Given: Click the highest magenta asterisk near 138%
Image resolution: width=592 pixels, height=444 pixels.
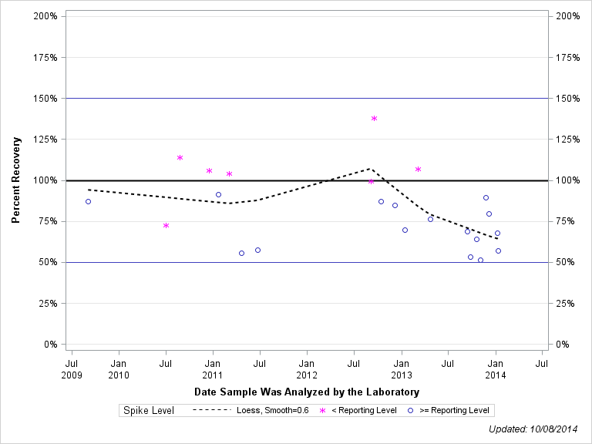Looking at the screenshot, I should (x=374, y=119).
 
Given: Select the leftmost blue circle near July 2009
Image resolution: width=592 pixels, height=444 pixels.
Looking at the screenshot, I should (x=88, y=201).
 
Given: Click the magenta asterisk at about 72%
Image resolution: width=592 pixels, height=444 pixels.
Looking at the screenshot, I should (x=166, y=226).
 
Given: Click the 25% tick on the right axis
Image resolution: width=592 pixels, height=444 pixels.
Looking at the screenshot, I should (x=567, y=303).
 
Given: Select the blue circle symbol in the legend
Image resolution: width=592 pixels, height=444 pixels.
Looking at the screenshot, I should (x=410, y=411).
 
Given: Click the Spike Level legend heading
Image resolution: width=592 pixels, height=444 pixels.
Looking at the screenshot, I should (x=149, y=411).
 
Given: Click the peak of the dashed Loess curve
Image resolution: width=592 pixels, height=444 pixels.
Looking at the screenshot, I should (x=371, y=168).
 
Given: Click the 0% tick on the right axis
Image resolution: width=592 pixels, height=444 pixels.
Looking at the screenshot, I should (x=563, y=345).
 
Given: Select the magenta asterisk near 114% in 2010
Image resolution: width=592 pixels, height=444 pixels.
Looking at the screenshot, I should (x=180, y=158).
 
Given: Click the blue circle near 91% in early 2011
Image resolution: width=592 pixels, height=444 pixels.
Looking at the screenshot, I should (x=218, y=195).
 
